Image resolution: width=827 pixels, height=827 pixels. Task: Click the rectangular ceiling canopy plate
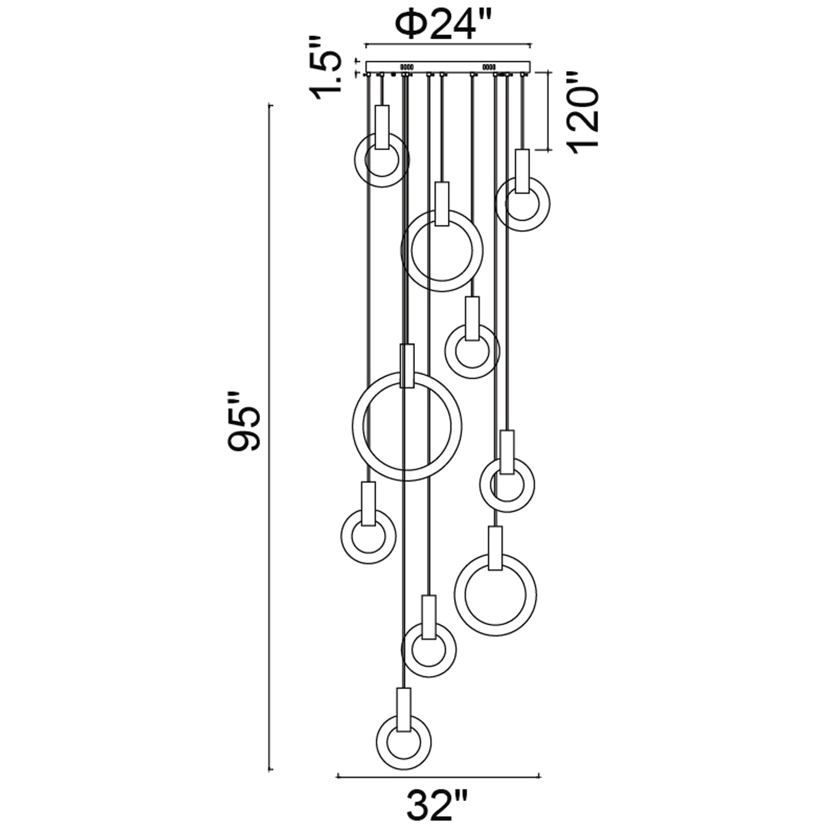[x=447, y=67]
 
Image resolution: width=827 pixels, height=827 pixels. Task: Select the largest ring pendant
[x=407, y=427]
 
